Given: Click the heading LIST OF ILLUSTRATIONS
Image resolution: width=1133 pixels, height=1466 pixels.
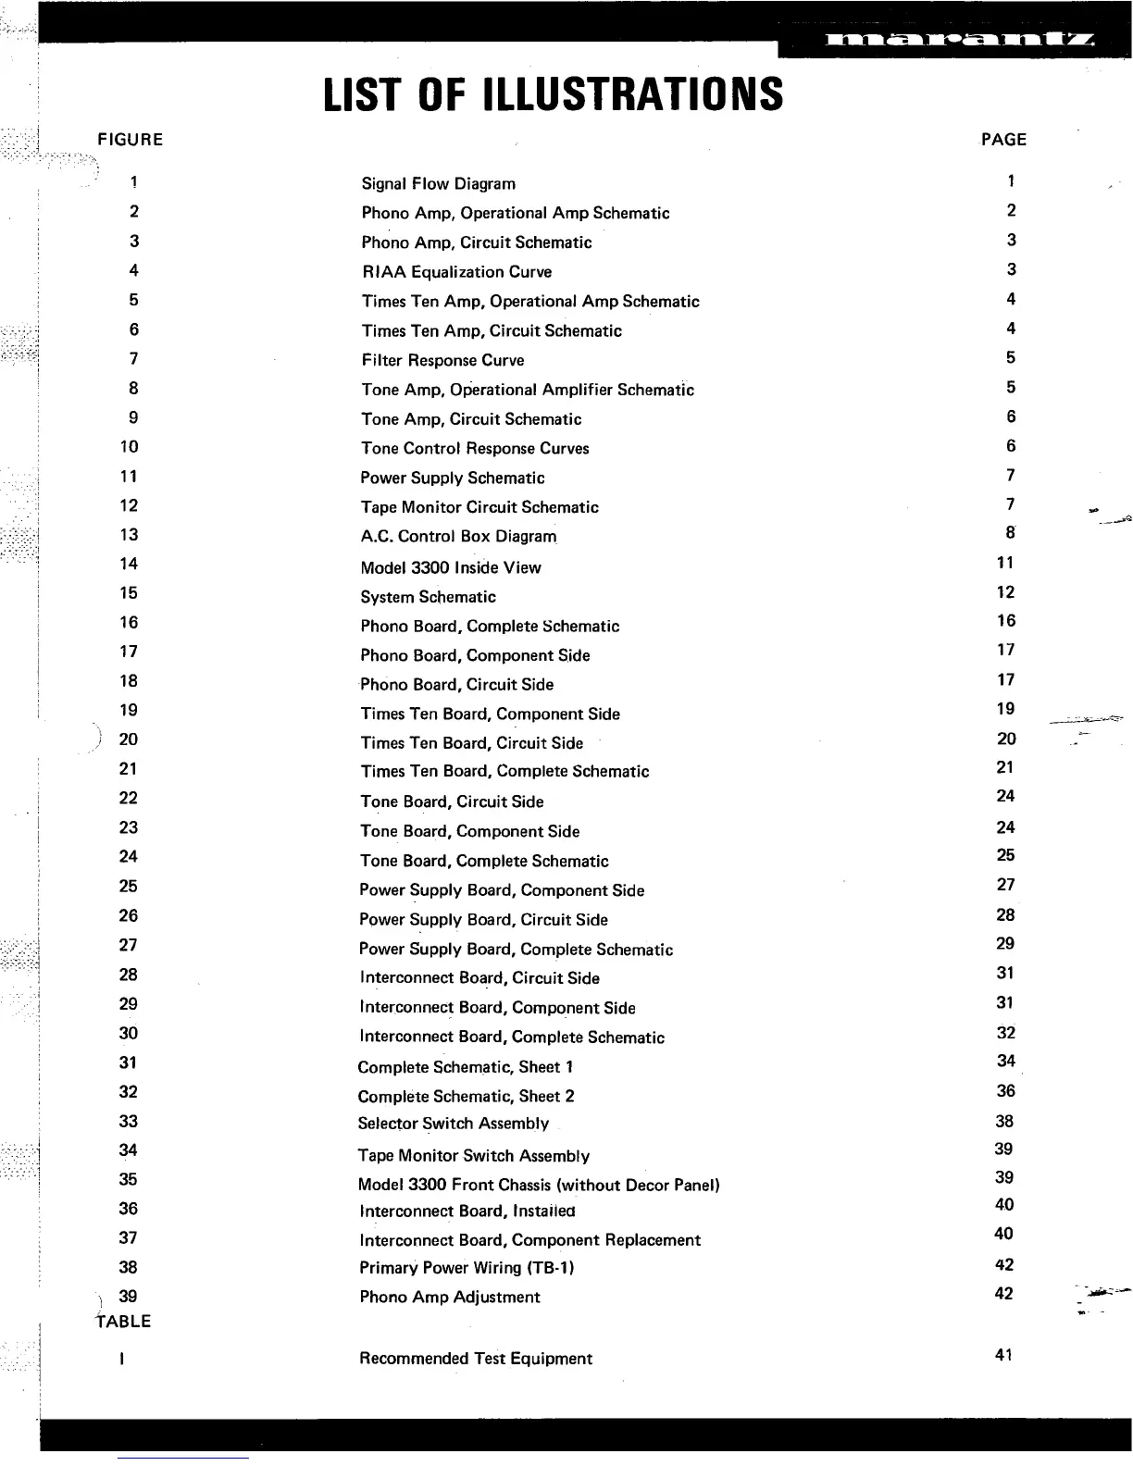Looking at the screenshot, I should click(554, 94).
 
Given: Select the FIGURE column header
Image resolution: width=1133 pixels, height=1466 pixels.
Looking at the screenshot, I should click(130, 140).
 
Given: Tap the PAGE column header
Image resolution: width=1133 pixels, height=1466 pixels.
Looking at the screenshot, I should click(1003, 140).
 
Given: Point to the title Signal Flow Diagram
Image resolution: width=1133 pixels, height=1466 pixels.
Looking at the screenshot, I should click(438, 183).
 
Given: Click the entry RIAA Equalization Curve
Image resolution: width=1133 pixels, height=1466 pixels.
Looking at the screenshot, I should click(456, 272).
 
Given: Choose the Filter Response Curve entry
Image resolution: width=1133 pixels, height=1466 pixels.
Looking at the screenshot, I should click(442, 360).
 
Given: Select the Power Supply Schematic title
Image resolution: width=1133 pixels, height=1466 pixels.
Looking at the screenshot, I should click(452, 478).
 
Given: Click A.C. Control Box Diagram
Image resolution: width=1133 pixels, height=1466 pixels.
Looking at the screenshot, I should click(458, 537).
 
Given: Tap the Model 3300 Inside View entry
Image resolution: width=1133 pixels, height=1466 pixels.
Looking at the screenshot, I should click(450, 567).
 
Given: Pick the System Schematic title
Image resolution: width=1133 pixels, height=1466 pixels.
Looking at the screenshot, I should click(428, 597).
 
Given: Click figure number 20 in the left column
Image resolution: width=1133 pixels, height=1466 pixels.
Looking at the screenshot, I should click(129, 739).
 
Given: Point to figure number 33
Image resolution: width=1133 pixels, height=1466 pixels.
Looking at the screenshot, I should click(129, 1122).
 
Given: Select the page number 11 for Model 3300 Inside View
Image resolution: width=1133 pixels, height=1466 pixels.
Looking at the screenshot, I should click(1005, 563).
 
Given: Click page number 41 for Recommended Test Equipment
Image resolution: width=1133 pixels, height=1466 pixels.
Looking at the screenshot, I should click(1003, 1355).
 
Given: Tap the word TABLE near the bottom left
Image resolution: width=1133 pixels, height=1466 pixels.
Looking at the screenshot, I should click(122, 1322).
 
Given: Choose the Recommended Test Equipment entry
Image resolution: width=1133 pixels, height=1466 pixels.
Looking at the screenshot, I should click(475, 1359).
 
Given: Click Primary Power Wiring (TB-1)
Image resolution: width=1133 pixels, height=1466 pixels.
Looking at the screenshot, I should click(467, 1268).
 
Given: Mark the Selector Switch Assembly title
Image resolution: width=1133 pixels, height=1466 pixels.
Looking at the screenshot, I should click(453, 1124).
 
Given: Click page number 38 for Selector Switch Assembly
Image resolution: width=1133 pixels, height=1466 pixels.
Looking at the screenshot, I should click(1004, 1122).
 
